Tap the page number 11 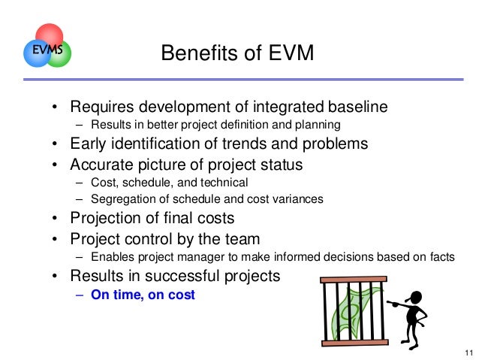[468, 352]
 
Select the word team [243, 239]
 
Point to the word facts [441, 256]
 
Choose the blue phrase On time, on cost [143, 295]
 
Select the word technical [221, 182]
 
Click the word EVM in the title [285, 53]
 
